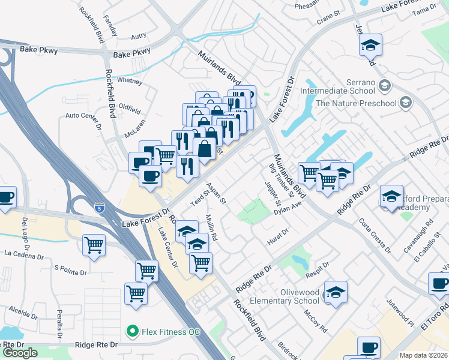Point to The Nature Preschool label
(357, 103)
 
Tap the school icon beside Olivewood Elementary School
(336, 292)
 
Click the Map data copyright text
(424, 355)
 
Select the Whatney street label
(130, 80)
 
